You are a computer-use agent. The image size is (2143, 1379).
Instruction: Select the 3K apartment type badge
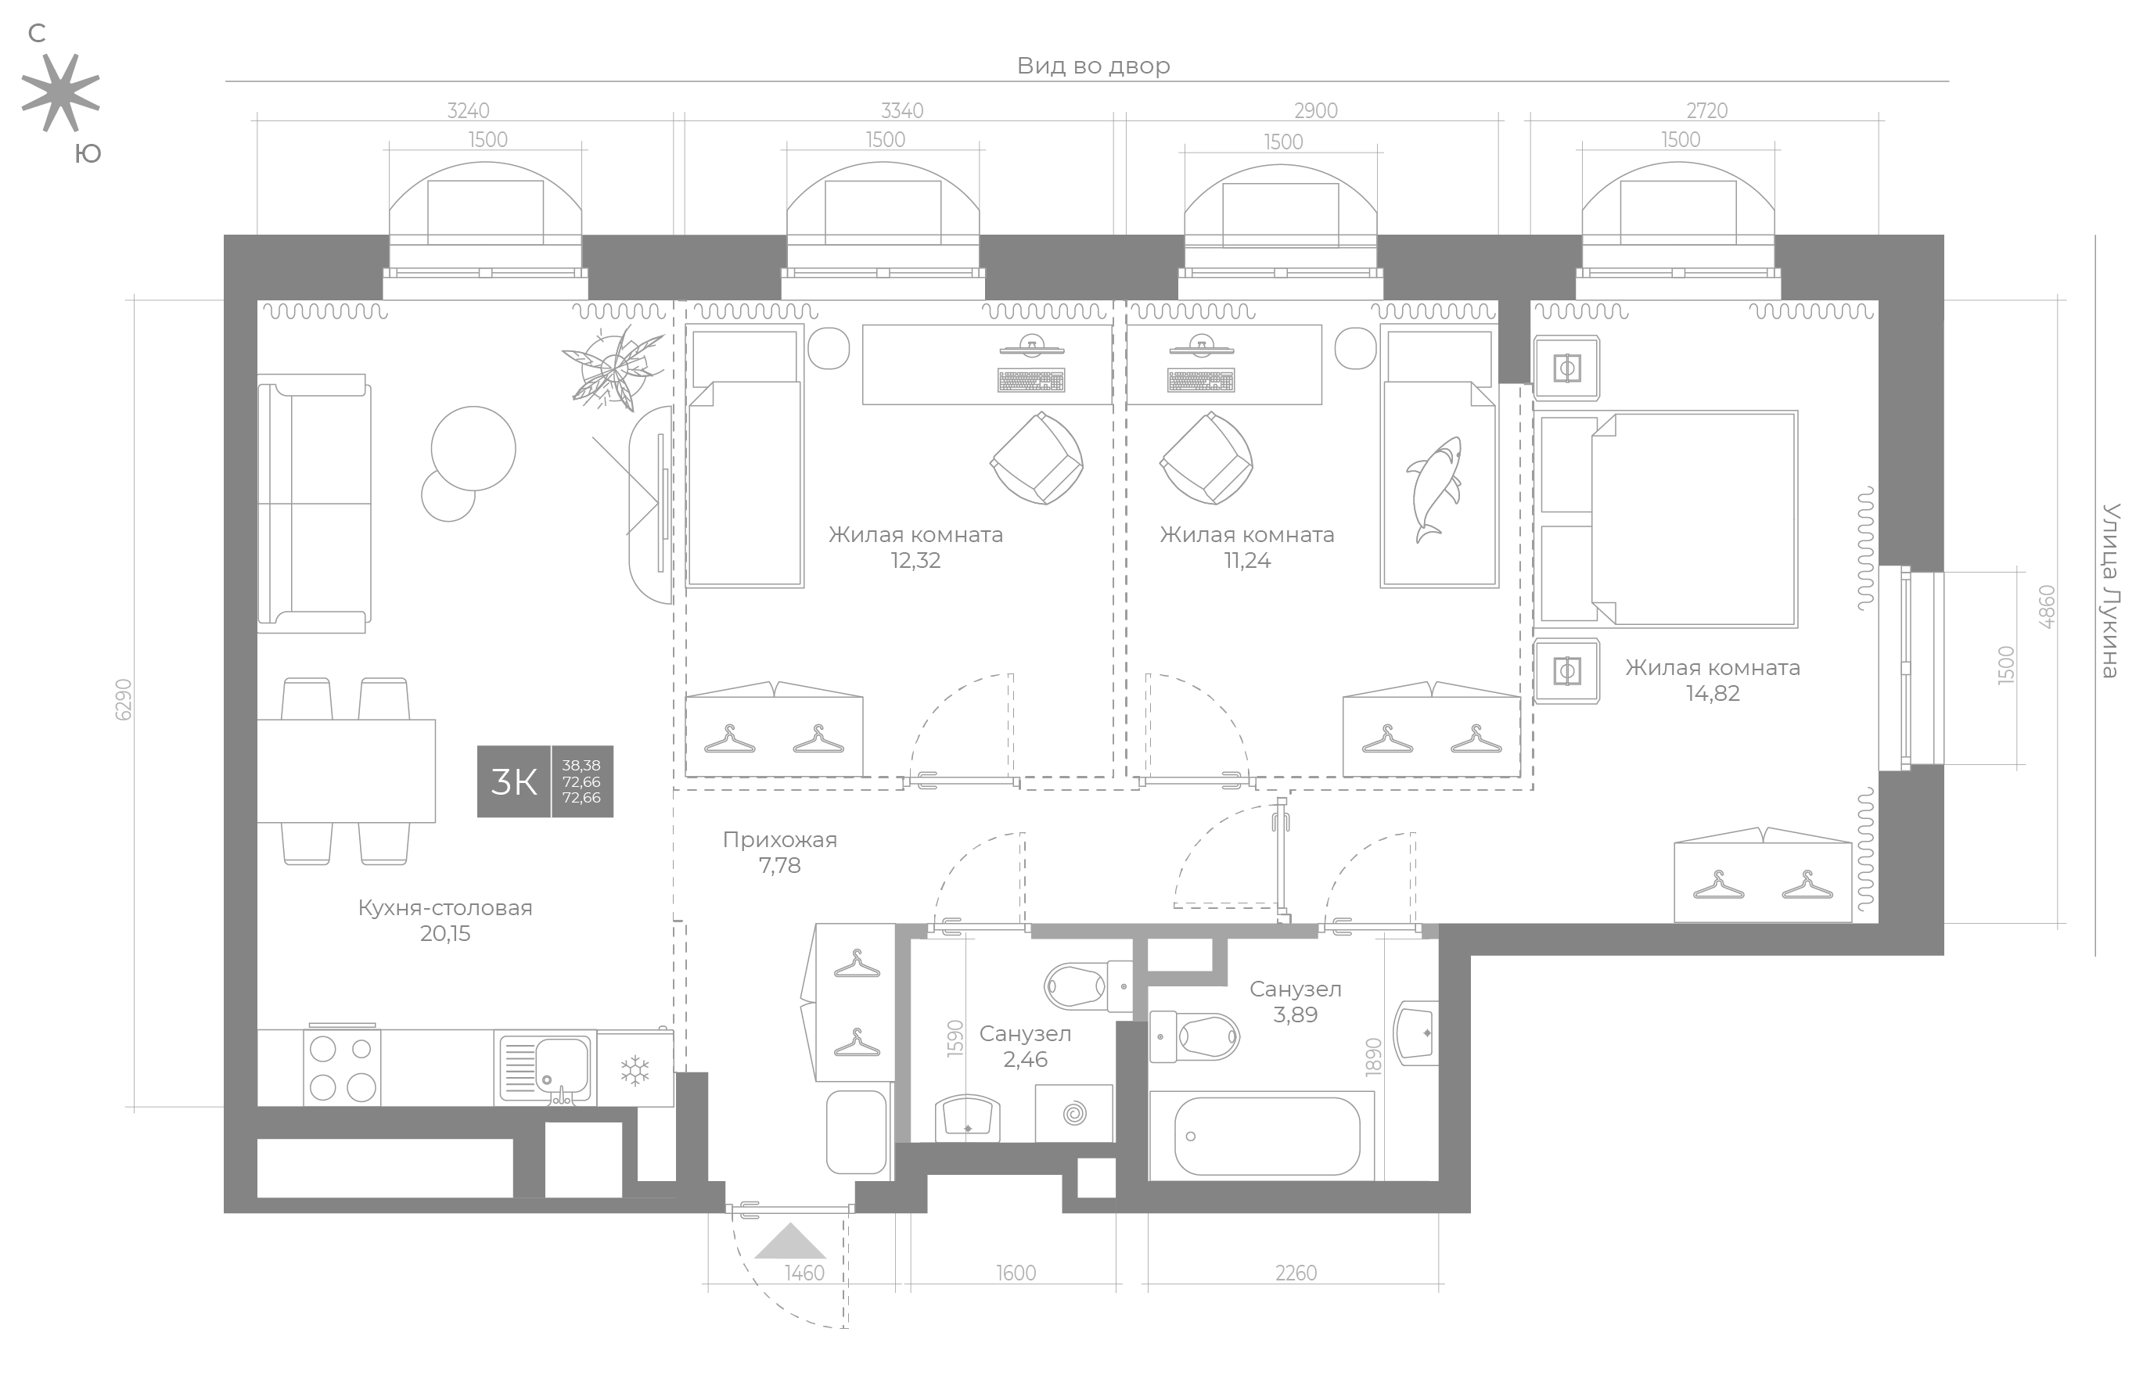click(545, 781)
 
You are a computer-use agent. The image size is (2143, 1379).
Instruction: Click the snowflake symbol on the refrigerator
click(635, 1070)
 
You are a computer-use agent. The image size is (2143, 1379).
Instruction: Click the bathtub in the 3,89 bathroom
click(1266, 1136)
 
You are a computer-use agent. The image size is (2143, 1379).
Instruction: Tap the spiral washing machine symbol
click(1073, 1114)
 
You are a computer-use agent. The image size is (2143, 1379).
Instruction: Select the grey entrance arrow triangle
click(789, 1242)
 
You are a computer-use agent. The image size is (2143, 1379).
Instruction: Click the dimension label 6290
click(124, 699)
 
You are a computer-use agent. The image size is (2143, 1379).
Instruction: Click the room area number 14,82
click(1712, 693)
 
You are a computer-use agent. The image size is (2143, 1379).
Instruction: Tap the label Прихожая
click(780, 840)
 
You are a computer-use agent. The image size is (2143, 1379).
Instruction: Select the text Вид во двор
click(1094, 66)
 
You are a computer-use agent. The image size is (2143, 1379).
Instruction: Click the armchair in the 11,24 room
click(1206, 458)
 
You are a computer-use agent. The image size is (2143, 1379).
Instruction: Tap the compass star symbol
click(60, 93)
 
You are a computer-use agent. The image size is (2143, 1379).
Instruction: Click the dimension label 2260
click(1296, 1273)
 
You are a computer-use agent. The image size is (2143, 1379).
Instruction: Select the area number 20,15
click(445, 934)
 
